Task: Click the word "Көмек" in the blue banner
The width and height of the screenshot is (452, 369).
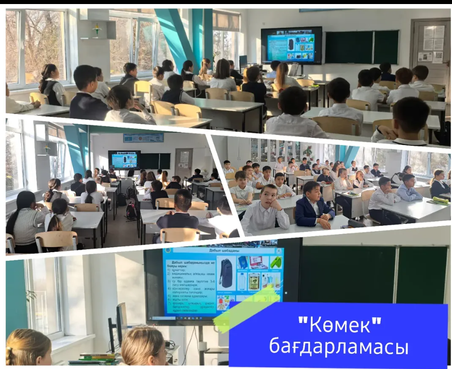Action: [x=340, y=323]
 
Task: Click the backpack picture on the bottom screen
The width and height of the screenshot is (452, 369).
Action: [x=226, y=271]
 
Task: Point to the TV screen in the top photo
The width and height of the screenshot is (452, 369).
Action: [x=291, y=45]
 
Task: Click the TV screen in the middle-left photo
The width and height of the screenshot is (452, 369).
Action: [x=124, y=159]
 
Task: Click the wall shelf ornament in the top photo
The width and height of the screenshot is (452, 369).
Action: [x=97, y=30]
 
